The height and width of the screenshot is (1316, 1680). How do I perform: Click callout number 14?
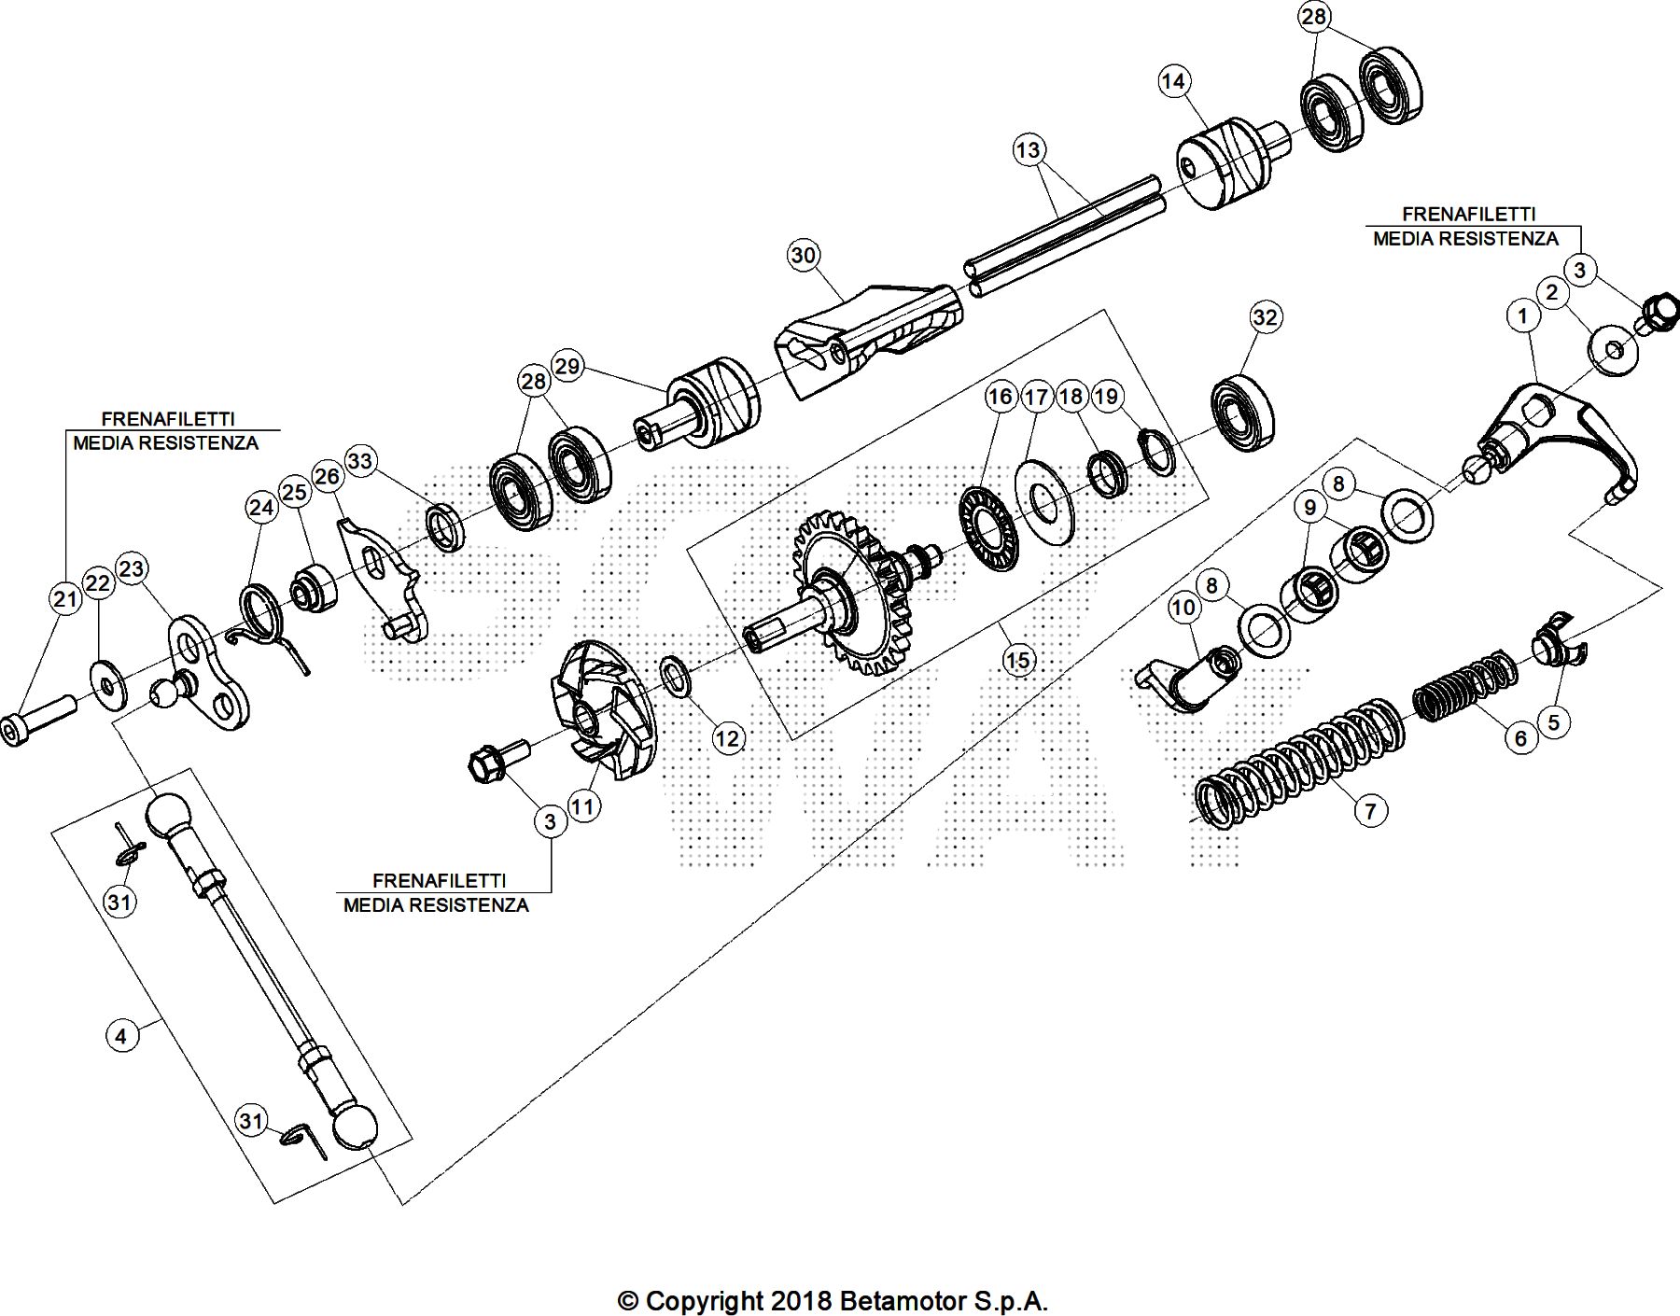click(x=1173, y=81)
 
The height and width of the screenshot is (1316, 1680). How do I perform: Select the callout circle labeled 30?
click(x=804, y=255)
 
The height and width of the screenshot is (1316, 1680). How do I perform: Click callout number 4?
click(x=121, y=1035)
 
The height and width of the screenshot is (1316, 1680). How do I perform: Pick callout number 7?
click(x=1369, y=810)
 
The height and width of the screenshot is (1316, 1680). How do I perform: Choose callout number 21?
click(x=65, y=598)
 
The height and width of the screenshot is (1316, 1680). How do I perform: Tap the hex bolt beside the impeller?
click(x=492, y=763)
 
